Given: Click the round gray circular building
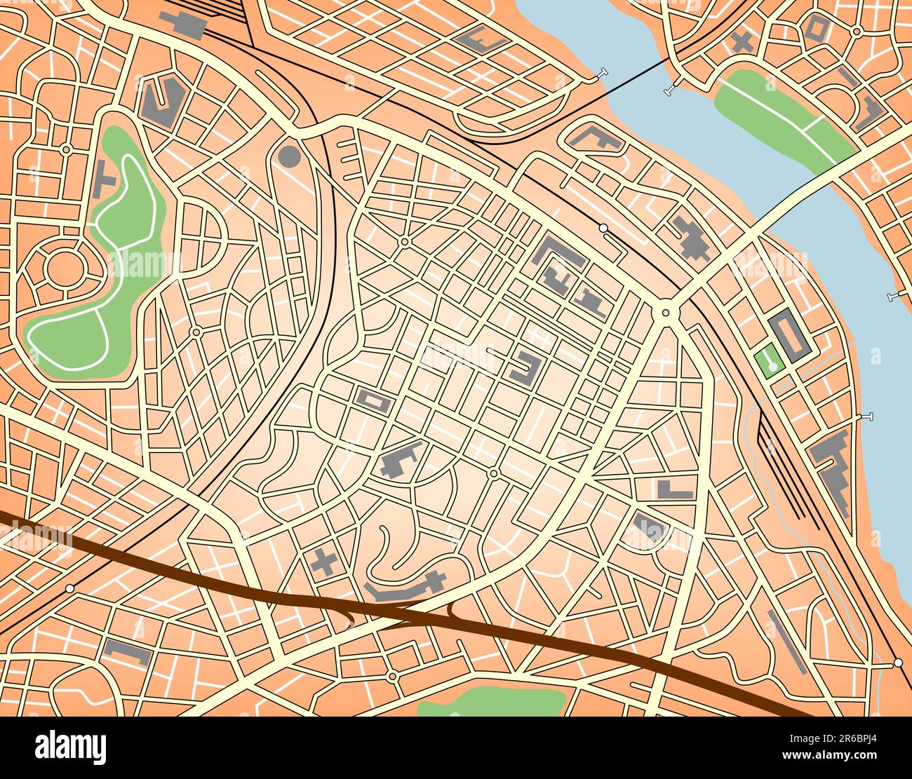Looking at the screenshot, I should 289,156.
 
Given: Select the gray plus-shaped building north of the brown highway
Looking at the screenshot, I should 323,562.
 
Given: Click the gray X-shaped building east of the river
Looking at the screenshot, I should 741,42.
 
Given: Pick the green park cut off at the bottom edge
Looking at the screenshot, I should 491,701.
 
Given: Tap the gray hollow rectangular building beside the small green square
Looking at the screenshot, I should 789,336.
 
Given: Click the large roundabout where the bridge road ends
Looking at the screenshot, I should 664,311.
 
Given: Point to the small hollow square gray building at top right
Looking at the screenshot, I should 818,28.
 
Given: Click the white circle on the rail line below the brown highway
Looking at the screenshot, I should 69,588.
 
